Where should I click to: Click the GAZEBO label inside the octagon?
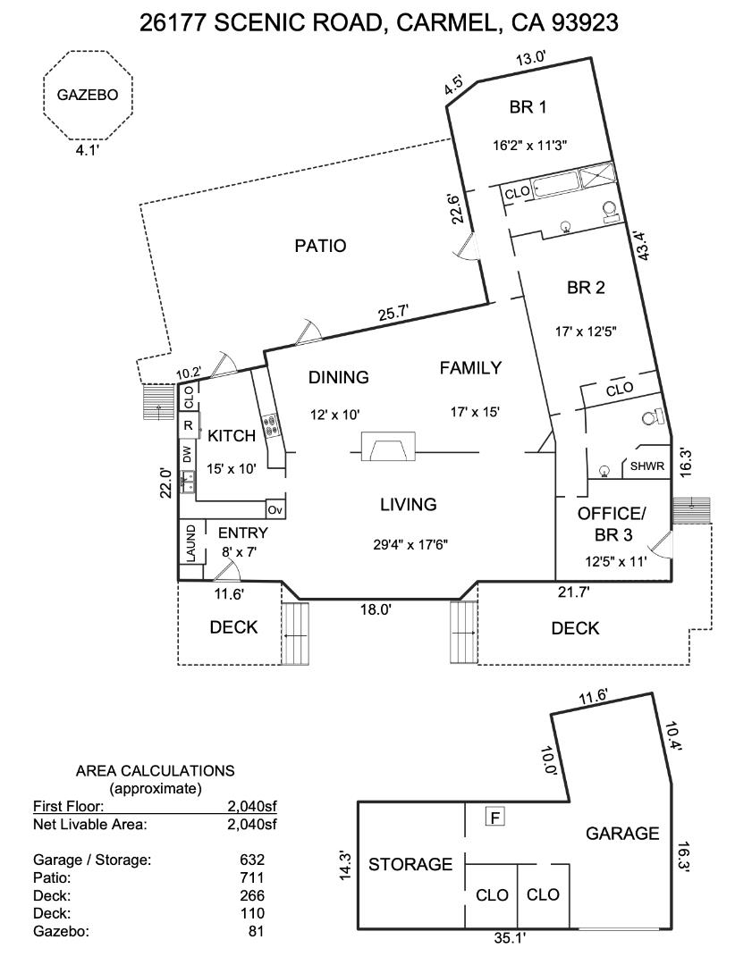pos(87,96)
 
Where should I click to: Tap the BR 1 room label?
pos(528,107)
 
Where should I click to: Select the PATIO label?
pos(320,246)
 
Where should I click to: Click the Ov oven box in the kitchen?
pos(275,509)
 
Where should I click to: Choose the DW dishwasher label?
pos(188,454)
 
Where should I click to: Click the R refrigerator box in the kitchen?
pos(188,426)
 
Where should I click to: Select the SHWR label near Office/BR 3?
pos(647,466)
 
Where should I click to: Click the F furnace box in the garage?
pos(493,816)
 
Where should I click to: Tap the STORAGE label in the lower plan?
pos(410,864)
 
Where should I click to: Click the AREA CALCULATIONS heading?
pos(155,770)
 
